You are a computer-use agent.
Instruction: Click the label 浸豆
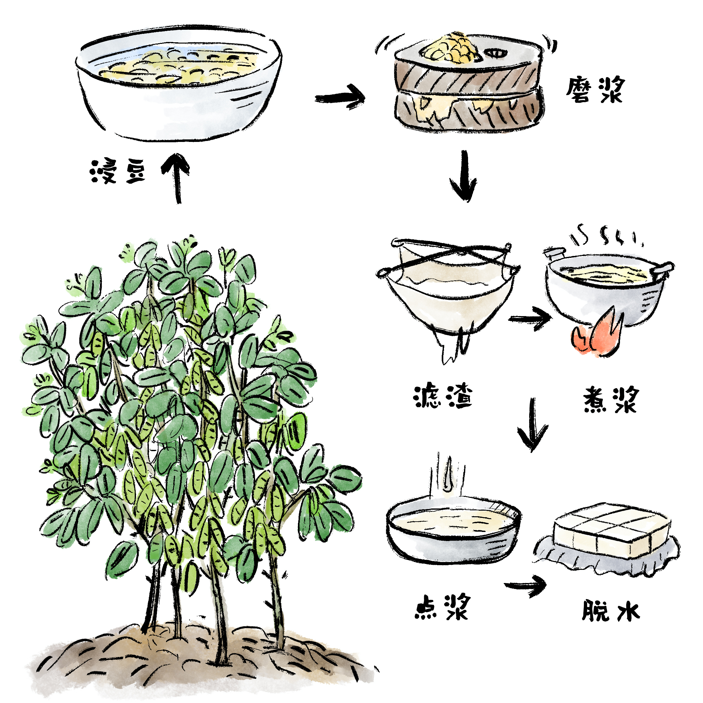(x=118, y=171)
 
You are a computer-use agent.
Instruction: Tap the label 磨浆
(x=595, y=90)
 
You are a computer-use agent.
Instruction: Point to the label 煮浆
(x=611, y=399)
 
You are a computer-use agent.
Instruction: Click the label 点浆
(x=442, y=607)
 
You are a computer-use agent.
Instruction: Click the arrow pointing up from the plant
(x=176, y=178)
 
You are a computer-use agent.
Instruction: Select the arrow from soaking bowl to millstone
(x=340, y=97)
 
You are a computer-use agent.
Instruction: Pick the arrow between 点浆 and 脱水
(x=525, y=586)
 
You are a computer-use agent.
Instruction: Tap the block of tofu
(x=611, y=531)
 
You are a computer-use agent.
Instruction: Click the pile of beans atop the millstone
(x=450, y=48)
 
